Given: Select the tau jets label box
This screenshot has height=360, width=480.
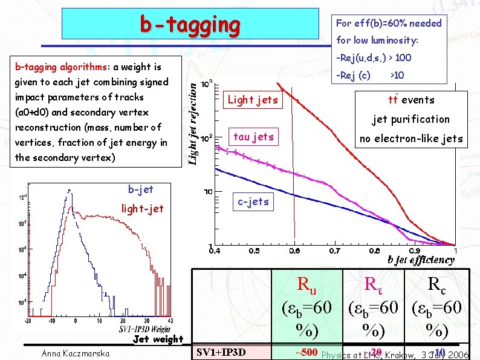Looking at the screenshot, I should pos(253,137).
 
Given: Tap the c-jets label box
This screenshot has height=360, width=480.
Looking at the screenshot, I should pos(253,201).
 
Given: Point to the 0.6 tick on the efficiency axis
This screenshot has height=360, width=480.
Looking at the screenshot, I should pos(294,250).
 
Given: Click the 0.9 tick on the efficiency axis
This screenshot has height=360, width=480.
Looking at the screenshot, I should pos(415,250).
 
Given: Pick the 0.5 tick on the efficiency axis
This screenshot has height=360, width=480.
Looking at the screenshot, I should pos(254,250).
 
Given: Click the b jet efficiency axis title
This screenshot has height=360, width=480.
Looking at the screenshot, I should pos(421,260).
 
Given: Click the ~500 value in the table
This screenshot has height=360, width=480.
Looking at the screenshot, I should pos(306,352).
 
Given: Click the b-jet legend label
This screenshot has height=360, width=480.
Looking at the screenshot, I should pos(140,190).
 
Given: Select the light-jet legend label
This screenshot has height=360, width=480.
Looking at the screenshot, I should pos(143,209).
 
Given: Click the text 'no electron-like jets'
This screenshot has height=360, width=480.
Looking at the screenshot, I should pos(411,139).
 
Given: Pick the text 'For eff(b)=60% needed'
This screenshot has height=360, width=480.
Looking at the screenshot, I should pos(389,24).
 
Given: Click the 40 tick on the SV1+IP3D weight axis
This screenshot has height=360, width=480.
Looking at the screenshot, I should pos(170,321).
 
